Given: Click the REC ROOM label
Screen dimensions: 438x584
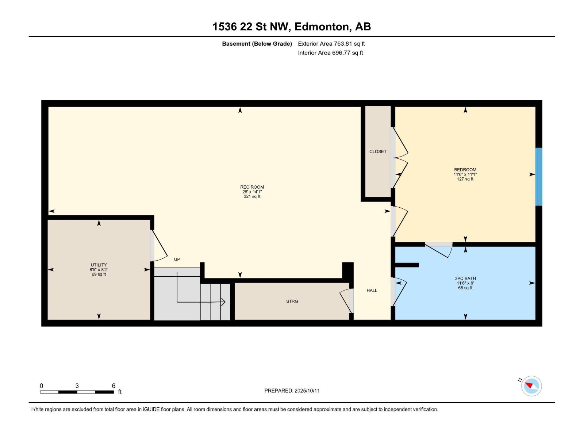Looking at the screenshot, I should coord(252,187).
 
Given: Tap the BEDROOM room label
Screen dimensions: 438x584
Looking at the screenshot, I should coord(465,170).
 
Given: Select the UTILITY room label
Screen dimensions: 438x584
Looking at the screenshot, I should coord(99,265).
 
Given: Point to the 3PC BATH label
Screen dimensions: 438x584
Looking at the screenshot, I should coord(465,278).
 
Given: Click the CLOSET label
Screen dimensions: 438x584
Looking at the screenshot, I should coord(378,151).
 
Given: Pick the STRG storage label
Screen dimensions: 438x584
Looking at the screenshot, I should coord(292,301).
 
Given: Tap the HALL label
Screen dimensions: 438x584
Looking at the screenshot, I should coord(372,291).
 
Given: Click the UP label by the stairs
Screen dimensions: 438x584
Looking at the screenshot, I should coord(177,260).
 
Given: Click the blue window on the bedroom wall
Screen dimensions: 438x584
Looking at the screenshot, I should coord(539,177).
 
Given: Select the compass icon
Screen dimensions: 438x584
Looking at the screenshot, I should coord(531,386).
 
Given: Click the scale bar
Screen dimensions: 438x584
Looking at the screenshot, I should coord(77,392).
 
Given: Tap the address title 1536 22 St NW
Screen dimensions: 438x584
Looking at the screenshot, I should coord(292,27).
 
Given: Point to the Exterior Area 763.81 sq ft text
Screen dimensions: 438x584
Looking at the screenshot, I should coord(331,44).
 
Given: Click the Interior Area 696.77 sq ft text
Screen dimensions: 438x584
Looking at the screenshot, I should coord(330,53).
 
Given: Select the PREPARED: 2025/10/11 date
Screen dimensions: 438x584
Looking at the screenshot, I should coord(292,391).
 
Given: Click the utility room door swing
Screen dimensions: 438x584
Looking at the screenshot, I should coord(158,247).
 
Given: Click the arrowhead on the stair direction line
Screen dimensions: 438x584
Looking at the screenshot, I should coord(223,302).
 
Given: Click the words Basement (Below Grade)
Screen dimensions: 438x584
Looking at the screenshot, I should coord(257,44).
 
